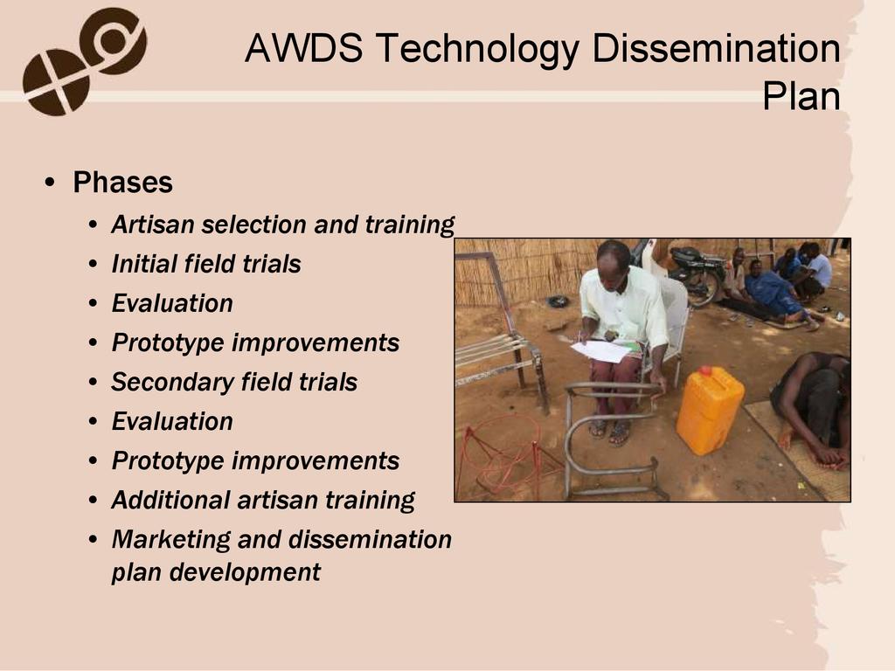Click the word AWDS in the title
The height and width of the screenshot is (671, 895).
pyautogui.click(x=303, y=48)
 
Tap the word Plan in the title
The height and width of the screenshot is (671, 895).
pyautogui.click(x=801, y=96)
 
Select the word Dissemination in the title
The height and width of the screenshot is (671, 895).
pyautogui.click(x=717, y=48)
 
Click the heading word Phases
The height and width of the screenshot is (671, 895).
pyautogui.click(x=122, y=183)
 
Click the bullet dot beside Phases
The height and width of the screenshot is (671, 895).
pyautogui.click(x=50, y=183)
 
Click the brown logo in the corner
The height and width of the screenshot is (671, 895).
pyautogui.click(x=85, y=61)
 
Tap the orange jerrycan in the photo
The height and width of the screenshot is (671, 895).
pyautogui.click(x=710, y=410)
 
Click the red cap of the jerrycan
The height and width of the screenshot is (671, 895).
pyautogui.click(x=706, y=370)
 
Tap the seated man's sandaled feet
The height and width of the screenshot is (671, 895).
pyautogui.click(x=609, y=431)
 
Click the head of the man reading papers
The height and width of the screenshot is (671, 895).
pyautogui.click(x=613, y=260)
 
